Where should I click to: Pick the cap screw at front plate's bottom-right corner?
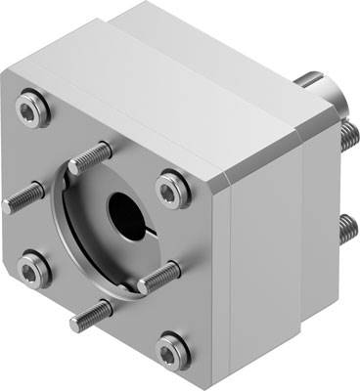171,346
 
